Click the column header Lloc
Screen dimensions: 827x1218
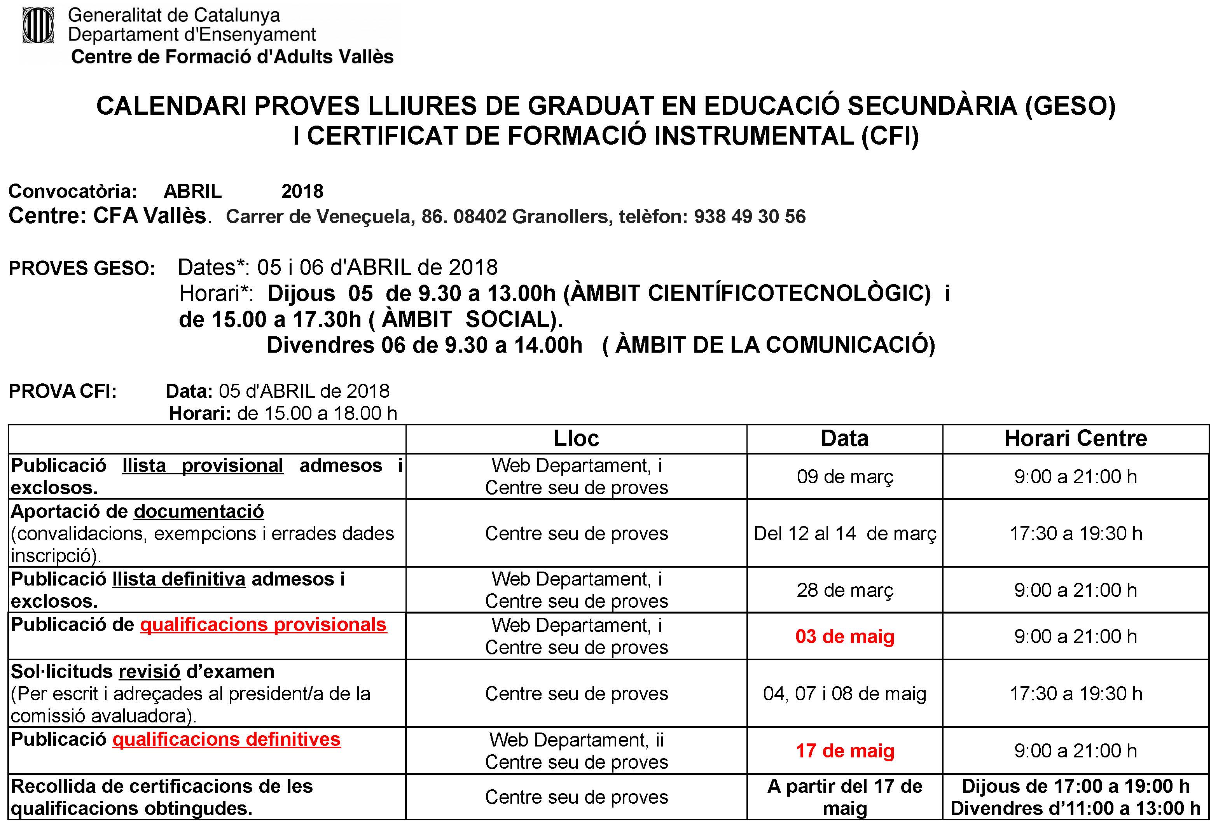(x=576, y=439)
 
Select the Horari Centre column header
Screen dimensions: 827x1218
(x=1075, y=439)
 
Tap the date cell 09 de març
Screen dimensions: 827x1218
(x=844, y=476)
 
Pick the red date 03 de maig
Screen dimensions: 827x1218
(x=844, y=636)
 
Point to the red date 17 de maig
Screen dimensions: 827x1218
(x=844, y=750)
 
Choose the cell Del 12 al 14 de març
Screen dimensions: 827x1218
(x=844, y=533)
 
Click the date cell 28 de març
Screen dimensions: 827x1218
(x=844, y=590)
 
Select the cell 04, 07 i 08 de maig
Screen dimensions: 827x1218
(x=844, y=693)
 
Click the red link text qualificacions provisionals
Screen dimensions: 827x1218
(x=263, y=625)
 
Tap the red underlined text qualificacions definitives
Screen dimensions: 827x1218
(x=226, y=739)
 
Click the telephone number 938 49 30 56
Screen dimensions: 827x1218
(x=750, y=217)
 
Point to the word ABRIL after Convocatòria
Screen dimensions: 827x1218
(x=192, y=192)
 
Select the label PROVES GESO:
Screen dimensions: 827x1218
(x=82, y=268)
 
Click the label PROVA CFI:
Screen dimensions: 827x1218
(x=62, y=392)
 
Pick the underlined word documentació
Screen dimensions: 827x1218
(x=199, y=511)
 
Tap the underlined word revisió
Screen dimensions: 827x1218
(x=149, y=671)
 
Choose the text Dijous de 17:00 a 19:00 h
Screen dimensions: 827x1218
(x=1075, y=786)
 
